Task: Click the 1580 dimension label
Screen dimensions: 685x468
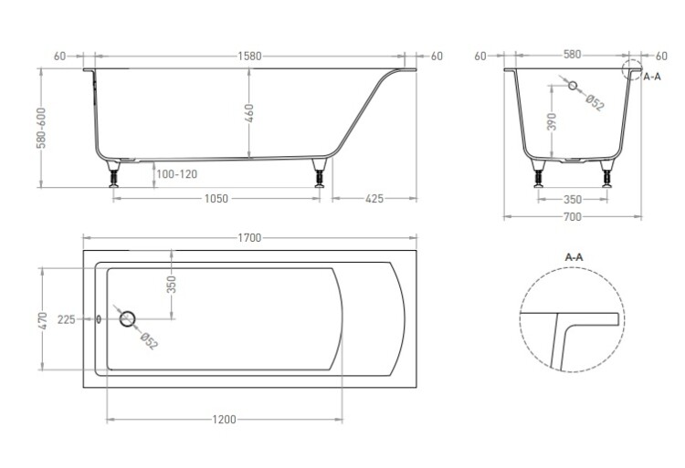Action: tap(249, 57)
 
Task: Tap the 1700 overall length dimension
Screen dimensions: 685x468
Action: tap(249, 238)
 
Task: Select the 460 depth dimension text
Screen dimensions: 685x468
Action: tap(249, 113)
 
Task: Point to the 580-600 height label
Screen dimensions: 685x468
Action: tap(41, 128)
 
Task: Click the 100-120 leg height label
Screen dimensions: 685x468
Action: tap(176, 174)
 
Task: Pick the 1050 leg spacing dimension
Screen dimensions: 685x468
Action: tap(216, 199)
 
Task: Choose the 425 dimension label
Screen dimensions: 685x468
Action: tap(374, 199)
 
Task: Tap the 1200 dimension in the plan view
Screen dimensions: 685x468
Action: tap(224, 420)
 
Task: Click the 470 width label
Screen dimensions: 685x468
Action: tap(42, 320)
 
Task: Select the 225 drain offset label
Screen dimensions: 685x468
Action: tap(67, 319)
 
